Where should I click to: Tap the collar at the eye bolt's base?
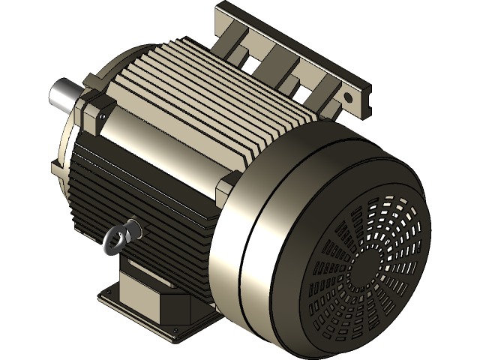[x=132, y=226]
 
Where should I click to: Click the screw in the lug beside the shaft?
[x=97, y=118]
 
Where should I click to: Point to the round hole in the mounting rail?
[x=348, y=97]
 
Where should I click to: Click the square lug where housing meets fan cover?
[x=228, y=187]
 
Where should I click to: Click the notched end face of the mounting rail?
[x=363, y=100]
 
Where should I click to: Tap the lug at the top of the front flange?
[x=93, y=78]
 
